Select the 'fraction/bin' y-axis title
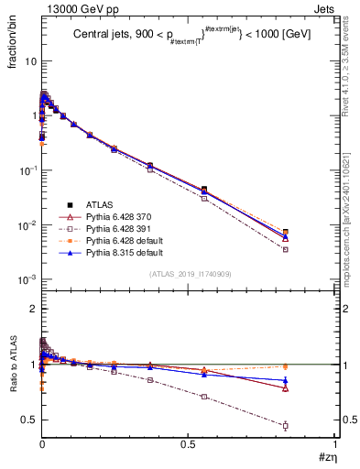click(x=12, y=46)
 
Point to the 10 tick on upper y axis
click(x=28, y=61)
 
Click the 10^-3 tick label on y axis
click(x=26, y=279)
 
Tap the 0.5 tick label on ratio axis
click(x=27, y=420)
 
